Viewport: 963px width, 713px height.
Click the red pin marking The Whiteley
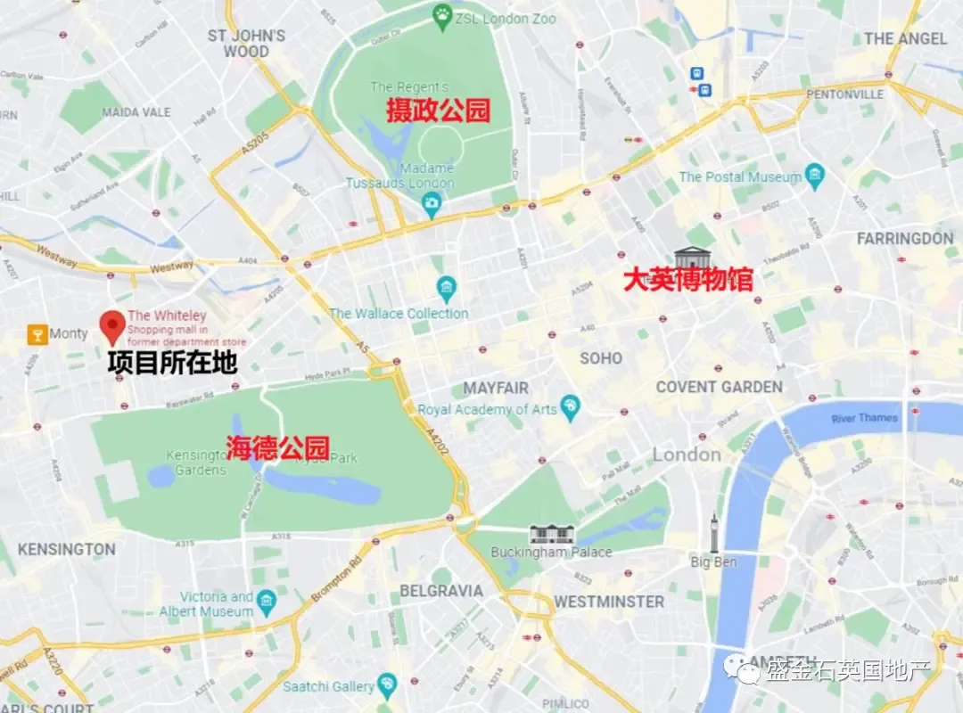tap(112, 326)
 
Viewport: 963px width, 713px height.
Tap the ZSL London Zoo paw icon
tap(441, 14)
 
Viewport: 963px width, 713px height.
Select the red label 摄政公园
tap(438, 111)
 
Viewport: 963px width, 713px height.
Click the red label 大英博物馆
tap(687, 280)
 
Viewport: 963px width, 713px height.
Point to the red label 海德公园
tap(277, 447)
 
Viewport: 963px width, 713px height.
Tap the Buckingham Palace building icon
tap(552, 533)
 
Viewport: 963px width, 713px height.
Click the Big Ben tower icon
tap(714, 533)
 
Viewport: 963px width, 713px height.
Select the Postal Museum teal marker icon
tap(814, 176)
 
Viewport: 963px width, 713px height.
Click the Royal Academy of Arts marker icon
tap(571, 408)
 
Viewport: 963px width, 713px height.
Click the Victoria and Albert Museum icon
tap(266, 603)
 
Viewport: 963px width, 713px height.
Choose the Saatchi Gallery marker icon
tap(386, 684)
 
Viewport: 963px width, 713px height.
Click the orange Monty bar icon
tap(37, 333)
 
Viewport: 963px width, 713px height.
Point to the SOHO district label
tap(601, 357)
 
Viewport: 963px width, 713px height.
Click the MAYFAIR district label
tap(496, 388)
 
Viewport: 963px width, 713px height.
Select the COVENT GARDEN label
tap(719, 387)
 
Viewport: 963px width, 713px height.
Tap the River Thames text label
tap(864, 418)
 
